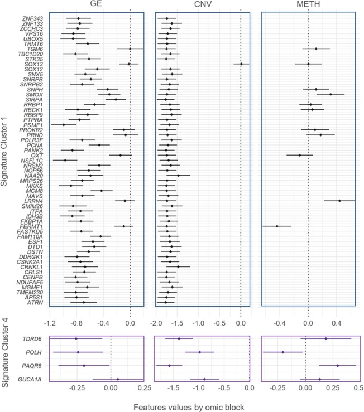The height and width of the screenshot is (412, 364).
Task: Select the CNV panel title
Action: click(x=202, y=6)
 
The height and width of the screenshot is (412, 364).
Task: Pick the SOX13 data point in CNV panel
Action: click(x=241, y=64)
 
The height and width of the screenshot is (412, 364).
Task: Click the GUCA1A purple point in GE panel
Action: click(x=117, y=379)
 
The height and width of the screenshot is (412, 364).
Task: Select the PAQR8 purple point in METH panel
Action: click(x=337, y=366)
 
